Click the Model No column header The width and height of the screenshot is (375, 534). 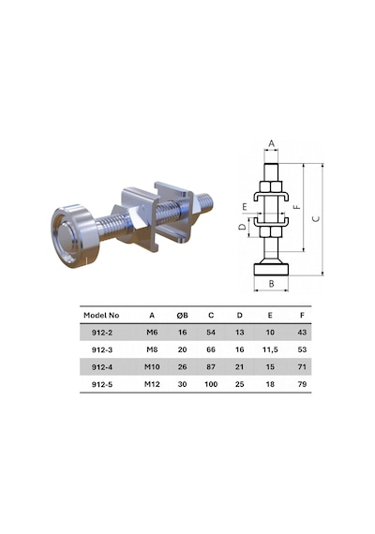[x=101, y=316]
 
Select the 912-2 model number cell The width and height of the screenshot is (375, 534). [x=102, y=333]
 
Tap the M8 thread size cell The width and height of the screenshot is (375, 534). [x=152, y=349]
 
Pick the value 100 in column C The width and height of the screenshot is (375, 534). [x=211, y=384]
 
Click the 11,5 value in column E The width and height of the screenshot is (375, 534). [x=270, y=349]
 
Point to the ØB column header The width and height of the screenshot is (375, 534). [x=183, y=316]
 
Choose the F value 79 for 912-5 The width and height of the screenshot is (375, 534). [x=302, y=384]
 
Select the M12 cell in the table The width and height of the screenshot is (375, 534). [x=152, y=384]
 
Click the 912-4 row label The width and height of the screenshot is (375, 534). [x=102, y=367]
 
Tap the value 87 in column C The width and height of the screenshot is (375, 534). [x=211, y=367]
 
